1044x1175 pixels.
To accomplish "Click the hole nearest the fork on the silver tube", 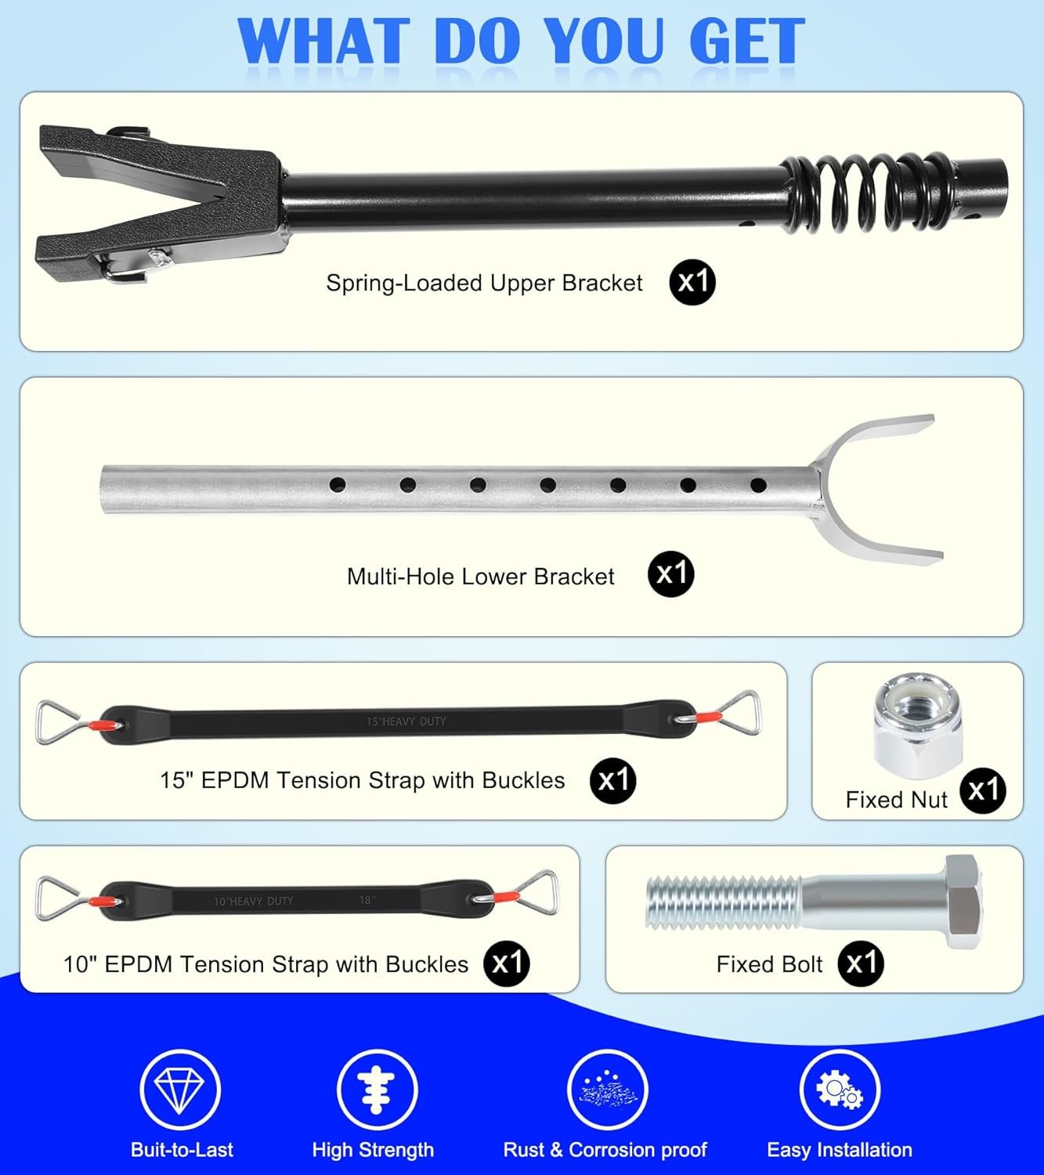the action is [x=758, y=485].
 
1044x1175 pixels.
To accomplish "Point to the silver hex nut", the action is [x=917, y=725].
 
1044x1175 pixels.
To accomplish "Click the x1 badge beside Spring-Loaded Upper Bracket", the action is [x=692, y=283].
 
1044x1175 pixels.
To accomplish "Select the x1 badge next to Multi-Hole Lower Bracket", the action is [x=671, y=574].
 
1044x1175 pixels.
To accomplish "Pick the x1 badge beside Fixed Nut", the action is [x=983, y=790].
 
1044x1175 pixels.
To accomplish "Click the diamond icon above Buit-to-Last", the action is [x=180, y=1089].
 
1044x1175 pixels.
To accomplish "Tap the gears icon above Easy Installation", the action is [x=840, y=1089].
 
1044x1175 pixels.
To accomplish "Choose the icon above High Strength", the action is [x=377, y=1089].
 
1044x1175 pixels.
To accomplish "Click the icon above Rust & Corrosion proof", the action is [x=608, y=1089].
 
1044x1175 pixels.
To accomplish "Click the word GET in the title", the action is [x=747, y=41].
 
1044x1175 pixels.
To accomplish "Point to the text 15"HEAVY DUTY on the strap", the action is [x=406, y=721].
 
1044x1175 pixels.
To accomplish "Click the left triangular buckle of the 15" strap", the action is [x=58, y=721].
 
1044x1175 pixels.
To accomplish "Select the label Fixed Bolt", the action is [x=769, y=964].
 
